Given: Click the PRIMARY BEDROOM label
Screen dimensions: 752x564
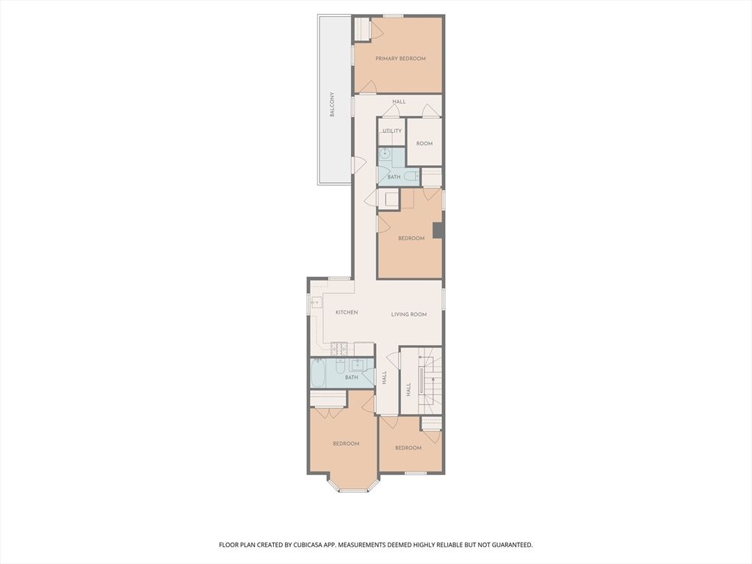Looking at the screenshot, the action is tap(400, 59).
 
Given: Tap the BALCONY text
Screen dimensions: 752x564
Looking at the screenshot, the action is tap(332, 104).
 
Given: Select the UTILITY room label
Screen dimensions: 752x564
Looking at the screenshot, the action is tap(392, 131).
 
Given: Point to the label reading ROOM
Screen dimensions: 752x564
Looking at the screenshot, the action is tap(424, 143).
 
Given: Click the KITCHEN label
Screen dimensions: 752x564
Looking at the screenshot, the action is tap(347, 312).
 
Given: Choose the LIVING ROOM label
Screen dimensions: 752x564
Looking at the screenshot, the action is tap(409, 314).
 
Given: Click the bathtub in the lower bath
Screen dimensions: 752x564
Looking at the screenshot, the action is tap(319, 374).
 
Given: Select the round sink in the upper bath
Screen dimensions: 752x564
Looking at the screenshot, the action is tap(385, 154).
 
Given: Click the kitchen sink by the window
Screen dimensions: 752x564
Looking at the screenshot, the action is tap(316, 303).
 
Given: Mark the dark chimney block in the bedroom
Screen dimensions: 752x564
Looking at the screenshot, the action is tap(438, 230).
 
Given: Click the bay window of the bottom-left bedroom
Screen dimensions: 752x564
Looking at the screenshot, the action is tap(353, 490).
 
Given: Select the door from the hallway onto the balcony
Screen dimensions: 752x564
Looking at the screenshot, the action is tap(358, 165).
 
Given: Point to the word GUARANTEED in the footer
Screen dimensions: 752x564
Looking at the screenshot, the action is tap(513, 545).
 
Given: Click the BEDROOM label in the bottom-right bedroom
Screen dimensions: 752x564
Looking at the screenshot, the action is tap(408, 448).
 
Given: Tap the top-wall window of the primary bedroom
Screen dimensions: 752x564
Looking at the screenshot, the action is tap(394, 16).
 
